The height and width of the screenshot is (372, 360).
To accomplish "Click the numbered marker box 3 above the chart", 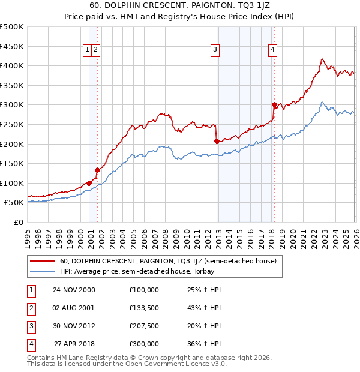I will [215, 50].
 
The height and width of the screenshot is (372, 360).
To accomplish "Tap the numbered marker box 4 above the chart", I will [272, 50].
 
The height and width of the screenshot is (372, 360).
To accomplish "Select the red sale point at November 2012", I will [217, 141].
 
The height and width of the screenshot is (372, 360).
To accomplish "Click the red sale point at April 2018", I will [274, 104].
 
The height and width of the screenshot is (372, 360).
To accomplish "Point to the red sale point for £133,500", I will [97, 170].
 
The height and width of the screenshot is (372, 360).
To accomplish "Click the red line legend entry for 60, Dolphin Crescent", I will [168, 261].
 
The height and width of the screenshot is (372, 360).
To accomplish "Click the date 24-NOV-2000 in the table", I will [74, 290].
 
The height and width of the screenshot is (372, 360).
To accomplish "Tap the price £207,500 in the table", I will [144, 326].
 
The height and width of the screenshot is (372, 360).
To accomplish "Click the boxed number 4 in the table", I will [30, 344].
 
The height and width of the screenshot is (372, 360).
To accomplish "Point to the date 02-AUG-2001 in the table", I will [74, 308].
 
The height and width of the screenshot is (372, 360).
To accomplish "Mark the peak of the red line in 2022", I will [322, 59].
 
